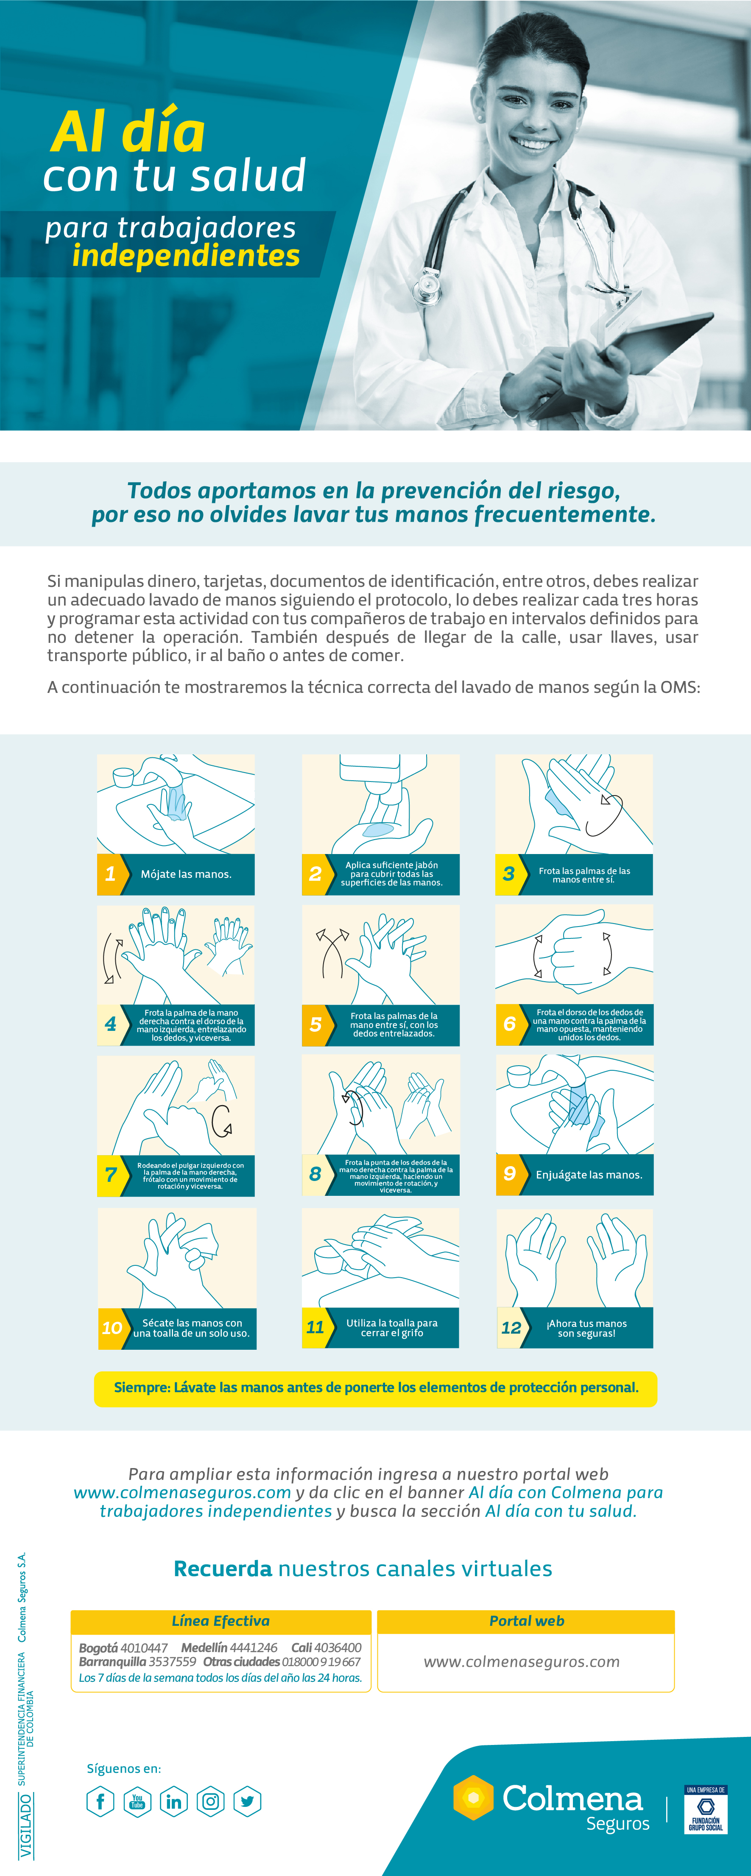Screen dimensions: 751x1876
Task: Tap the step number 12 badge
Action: point(511,1328)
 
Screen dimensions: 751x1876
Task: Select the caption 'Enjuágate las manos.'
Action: point(589,1175)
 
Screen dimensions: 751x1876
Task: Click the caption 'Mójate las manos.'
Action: point(186,874)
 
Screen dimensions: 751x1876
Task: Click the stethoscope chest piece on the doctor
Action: point(427,288)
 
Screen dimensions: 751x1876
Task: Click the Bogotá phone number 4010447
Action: point(144,1647)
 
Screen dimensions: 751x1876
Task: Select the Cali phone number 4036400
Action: point(338,1647)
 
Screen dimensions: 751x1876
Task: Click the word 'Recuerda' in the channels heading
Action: point(223,1568)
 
